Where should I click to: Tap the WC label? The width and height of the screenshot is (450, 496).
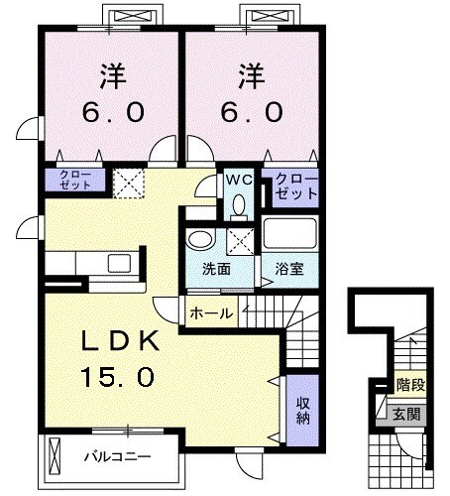[239, 181]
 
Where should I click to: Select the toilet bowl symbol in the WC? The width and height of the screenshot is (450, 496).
[239, 203]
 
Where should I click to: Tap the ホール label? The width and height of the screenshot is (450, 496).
[211, 313]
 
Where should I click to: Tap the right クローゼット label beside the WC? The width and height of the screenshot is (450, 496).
[294, 187]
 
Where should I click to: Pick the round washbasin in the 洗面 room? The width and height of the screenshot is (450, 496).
[198, 241]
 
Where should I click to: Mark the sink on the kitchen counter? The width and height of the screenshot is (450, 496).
[119, 263]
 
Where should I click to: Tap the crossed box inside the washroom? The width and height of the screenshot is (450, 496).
[239, 239]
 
